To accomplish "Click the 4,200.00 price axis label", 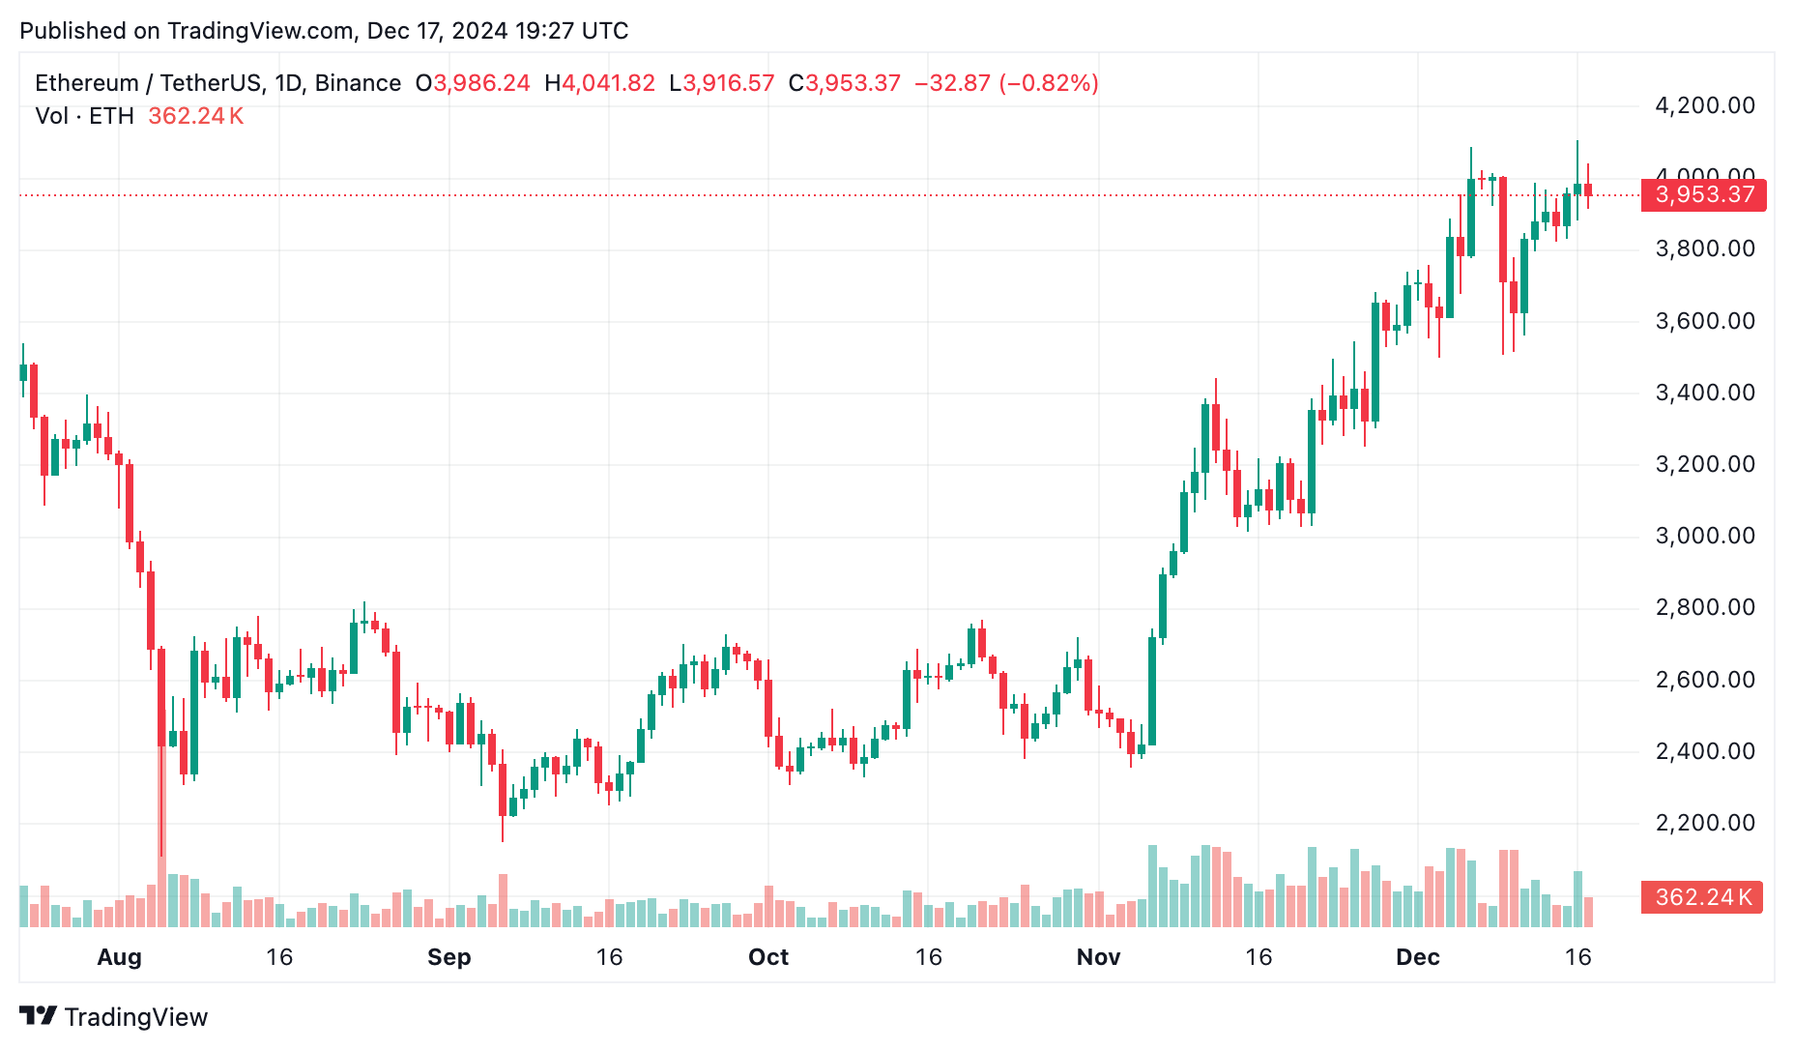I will point(1704,105).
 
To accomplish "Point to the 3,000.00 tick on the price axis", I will point(1704,536).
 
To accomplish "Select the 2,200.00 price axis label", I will point(1704,823).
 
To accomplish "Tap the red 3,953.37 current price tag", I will point(1703,194).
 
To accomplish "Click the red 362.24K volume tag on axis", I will point(1702,897).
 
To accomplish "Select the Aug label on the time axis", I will point(119,957).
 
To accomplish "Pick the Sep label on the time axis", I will point(448,957).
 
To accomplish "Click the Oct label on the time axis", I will point(768,957).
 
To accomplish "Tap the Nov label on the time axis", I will point(1098,957).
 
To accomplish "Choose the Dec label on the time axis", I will point(1417,957).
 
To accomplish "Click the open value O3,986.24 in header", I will point(473,83).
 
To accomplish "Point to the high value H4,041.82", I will point(599,83).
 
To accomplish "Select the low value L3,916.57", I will point(722,83).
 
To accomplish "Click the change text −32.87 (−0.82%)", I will point(1006,83).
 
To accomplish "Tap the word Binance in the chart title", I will point(358,83).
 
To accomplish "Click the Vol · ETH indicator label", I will point(84,116).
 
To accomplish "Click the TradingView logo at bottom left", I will point(114,1017).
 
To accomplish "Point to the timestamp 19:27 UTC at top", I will point(571,31).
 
